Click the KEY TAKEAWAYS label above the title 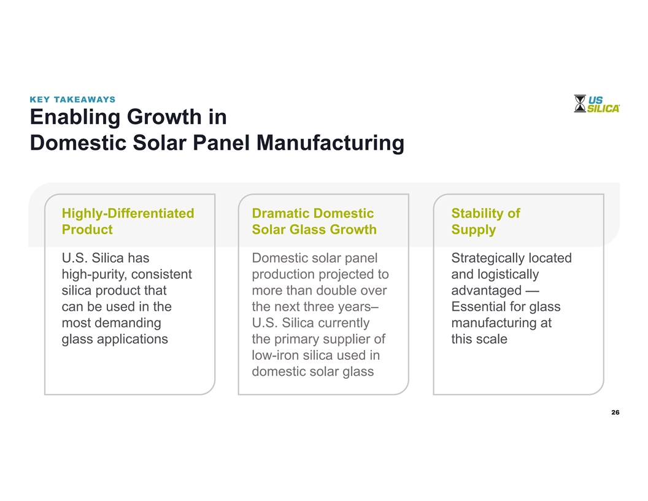[x=72, y=99]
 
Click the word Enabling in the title [x=75, y=117]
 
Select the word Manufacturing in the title [x=330, y=143]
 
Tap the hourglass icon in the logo [x=580, y=103]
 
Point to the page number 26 [x=615, y=412]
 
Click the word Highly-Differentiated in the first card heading [x=128, y=213]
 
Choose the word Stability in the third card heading [x=478, y=213]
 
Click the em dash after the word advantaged [x=533, y=291]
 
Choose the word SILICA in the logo [x=603, y=109]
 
